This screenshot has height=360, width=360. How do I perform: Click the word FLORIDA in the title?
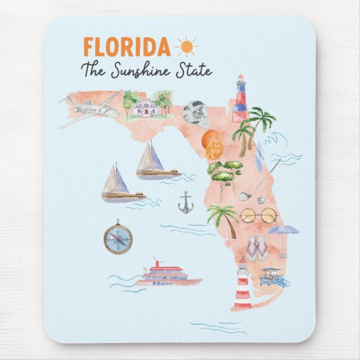[126, 47]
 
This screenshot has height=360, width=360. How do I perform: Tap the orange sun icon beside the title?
[185, 46]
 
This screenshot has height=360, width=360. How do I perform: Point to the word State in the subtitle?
[196, 69]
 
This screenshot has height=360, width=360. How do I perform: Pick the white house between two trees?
[145, 107]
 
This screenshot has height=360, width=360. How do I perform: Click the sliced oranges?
[213, 145]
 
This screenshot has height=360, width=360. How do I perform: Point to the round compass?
[118, 236]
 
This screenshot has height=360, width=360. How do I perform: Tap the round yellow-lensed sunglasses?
[259, 215]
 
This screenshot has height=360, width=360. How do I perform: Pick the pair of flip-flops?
[256, 249]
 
